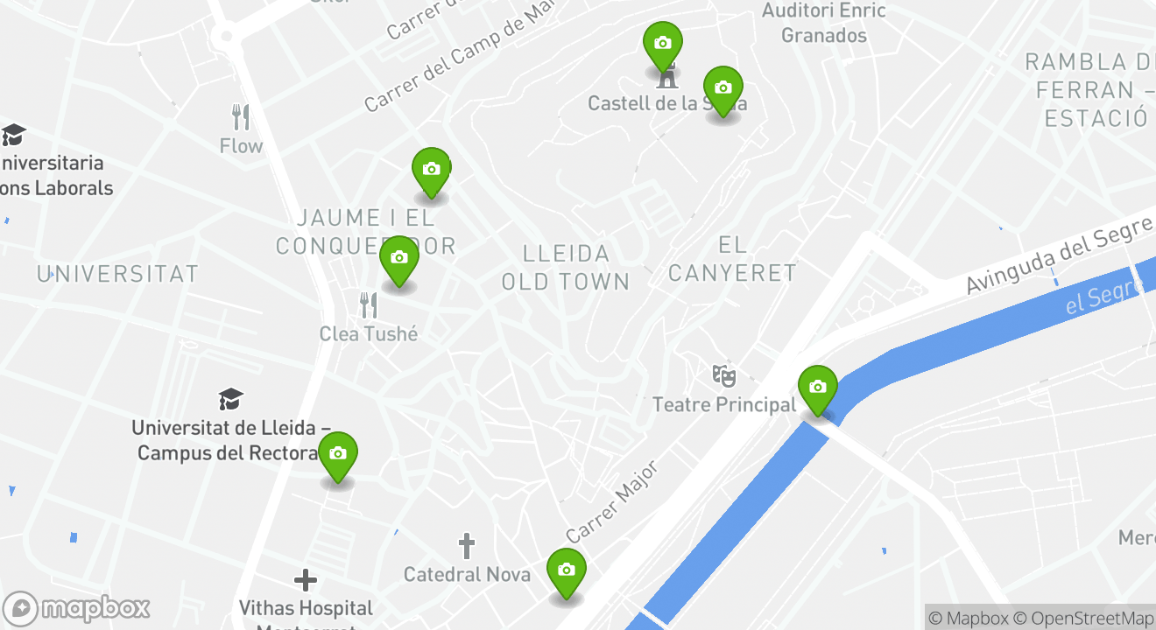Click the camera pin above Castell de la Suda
coord(663,44)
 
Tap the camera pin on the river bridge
coord(817,388)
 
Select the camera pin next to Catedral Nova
coord(566,570)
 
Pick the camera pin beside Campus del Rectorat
coord(338,454)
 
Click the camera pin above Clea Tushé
coord(399,258)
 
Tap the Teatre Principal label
coord(724,404)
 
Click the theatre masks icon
coord(723,375)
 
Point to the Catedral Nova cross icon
coord(467,547)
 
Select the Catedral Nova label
coord(467,574)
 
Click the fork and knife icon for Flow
coord(241,116)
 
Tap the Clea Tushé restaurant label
coord(369,333)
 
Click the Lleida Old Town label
coord(566,267)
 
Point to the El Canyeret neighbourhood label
coord(732,259)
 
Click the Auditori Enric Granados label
coord(823,23)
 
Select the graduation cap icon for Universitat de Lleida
coord(231,400)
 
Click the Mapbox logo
coord(76,608)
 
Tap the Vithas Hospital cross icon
coord(306,580)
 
